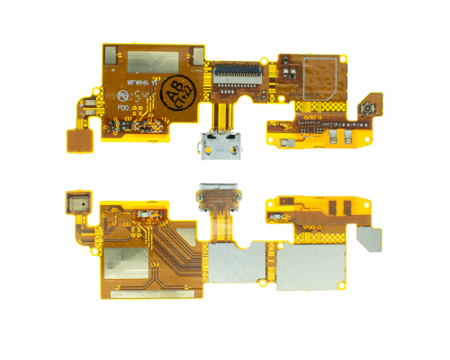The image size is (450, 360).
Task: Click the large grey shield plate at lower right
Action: point(310,263)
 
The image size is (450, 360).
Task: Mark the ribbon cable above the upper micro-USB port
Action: point(221,112)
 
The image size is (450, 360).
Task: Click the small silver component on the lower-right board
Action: point(280,219)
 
